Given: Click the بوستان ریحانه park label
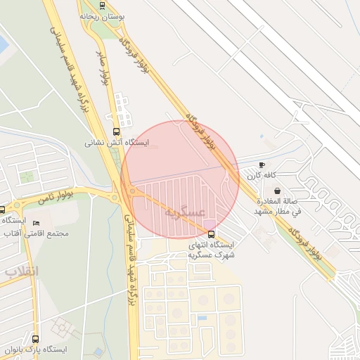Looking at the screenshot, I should coord(103,14).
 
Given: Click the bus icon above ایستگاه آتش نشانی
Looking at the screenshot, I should coord(116,131).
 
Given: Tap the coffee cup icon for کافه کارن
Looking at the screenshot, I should coord(262,164).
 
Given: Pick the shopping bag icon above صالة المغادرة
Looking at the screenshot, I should coord(277,191).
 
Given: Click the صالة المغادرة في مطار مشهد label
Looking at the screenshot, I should coord(277,205).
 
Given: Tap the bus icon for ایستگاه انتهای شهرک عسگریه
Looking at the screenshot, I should coord(211,233).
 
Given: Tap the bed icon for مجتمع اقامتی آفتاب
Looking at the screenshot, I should coord(37,224).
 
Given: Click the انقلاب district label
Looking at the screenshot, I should coord(22,271).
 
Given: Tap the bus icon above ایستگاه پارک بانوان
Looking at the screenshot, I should coord(35,338).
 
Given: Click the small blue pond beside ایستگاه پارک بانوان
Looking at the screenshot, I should coord(98,352).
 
